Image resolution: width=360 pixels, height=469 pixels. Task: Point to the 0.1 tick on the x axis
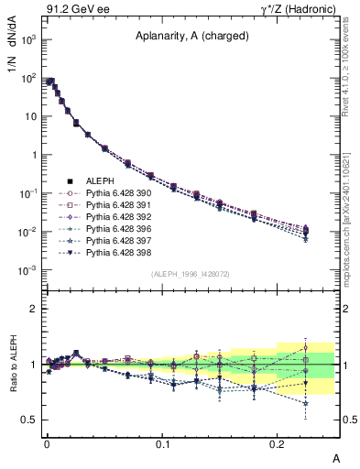pos(162,442)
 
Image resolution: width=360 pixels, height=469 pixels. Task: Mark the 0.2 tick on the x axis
pos(278,442)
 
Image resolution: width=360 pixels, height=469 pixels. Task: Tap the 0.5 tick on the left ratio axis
pos(27,420)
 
